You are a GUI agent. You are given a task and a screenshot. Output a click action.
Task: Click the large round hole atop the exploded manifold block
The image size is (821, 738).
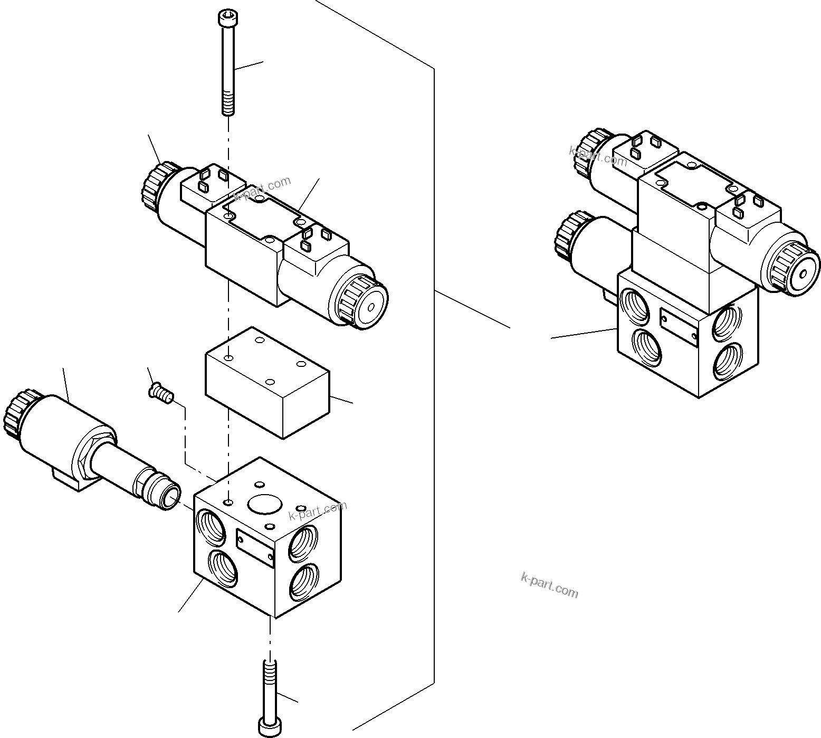(x=264, y=504)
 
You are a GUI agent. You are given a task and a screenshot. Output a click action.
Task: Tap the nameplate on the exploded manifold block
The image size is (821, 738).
(x=255, y=548)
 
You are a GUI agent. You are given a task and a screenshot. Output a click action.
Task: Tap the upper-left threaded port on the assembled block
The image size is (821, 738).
(x=635, y=307)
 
